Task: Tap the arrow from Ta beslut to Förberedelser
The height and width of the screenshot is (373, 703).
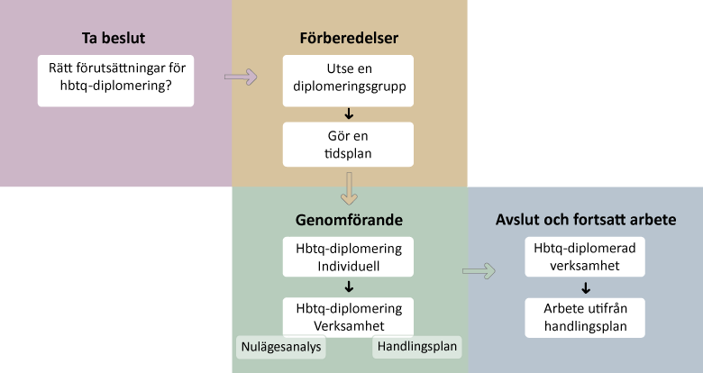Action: click(240, 77)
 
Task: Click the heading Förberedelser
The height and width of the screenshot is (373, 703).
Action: click(349, 39)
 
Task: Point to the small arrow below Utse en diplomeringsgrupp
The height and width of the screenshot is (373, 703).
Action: click(348, 114)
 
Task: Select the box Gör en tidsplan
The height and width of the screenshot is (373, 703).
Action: click(348, 144)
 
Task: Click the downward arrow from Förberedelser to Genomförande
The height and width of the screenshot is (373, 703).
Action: click(348, 191)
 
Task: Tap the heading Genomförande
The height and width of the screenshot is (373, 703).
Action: click(349, 220)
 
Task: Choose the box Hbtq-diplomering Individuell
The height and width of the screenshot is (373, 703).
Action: click(348, 257)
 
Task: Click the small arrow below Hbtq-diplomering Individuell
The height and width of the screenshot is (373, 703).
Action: click(348, 287)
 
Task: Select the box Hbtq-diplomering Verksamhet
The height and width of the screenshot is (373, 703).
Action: click(348, 316)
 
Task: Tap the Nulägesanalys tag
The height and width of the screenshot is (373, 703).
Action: click(279, 346)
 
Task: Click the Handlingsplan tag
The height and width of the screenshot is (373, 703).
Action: click(416, 346)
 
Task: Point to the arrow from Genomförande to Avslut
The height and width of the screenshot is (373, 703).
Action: click(479, 270)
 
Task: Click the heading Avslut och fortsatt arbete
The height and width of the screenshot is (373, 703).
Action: click(586, 220)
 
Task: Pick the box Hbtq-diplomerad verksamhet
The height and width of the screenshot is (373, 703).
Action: click(586, 257)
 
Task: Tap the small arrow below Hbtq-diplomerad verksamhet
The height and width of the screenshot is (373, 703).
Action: click(586, 288)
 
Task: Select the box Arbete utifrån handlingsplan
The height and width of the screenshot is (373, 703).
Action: click(586, 318)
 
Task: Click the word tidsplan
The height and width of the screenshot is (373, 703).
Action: click(348, 153)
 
